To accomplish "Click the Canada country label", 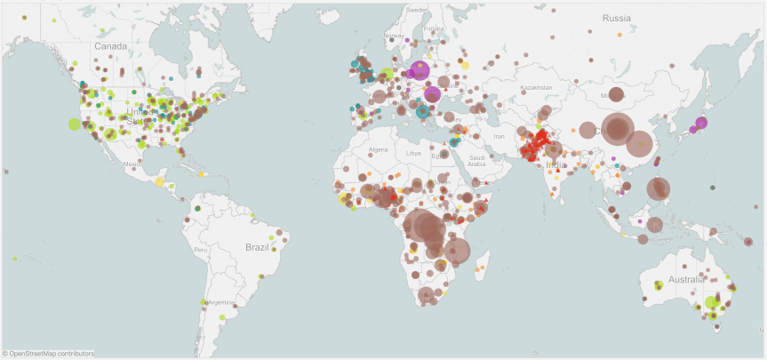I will (x=112, y=46).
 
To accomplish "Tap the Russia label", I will (x=616, y=18).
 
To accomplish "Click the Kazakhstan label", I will (x=536, y=88).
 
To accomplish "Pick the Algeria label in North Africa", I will (x=379, y=149).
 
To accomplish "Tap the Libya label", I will (x=413, y=153).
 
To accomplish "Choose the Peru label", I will (x=201, y=250).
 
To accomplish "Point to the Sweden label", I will (x=417, y=9).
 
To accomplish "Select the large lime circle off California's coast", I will (x=75, y=124).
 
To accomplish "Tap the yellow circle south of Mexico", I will (x=160, y=181).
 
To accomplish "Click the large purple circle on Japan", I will (x=701, y=123).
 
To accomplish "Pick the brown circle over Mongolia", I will (x=615, y=94).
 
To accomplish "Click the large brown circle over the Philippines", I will (x=658, y=188).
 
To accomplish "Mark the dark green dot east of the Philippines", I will (x=713, y=187).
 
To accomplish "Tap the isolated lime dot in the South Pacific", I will (x=15, y=259).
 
